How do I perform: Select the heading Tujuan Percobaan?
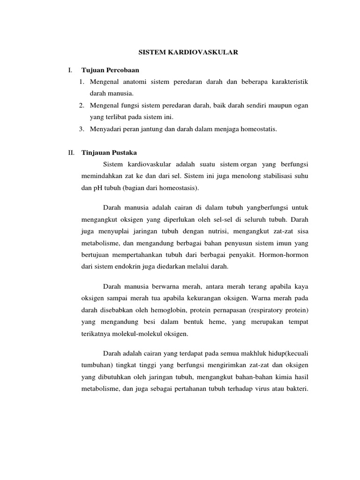[106, 70]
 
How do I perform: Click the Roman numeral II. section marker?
[71, 152]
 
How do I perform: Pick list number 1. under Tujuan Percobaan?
[82, 82]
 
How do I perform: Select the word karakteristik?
[287, 82]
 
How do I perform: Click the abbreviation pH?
[97, 188]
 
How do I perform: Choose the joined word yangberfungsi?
[261, 207]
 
